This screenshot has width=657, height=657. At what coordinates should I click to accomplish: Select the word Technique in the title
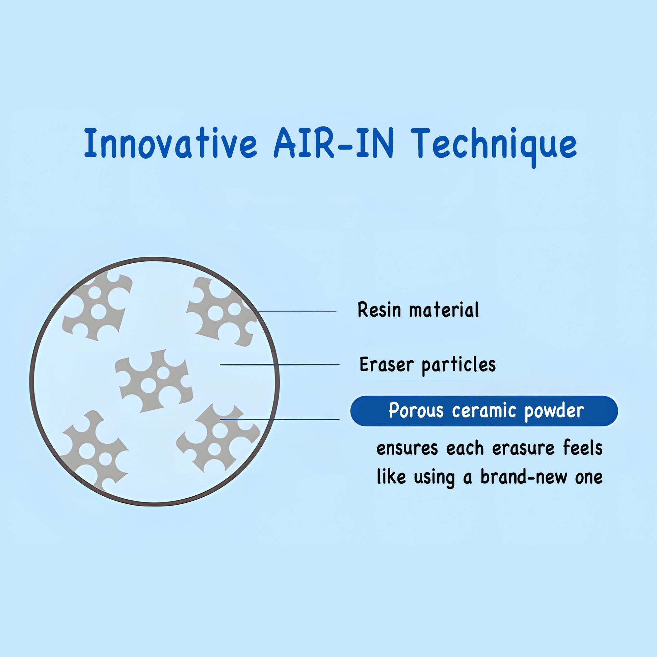coord(495,143)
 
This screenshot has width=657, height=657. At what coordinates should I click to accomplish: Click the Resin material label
coord(418,310)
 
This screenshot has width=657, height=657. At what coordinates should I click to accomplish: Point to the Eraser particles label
coord(427,365)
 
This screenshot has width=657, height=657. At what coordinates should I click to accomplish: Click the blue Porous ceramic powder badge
coord(484,411)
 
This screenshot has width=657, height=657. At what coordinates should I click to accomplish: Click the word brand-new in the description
coord(524,477)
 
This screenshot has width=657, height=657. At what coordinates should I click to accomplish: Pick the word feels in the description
coord(582,448)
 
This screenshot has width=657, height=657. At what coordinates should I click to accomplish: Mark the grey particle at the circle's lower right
coord(218,439)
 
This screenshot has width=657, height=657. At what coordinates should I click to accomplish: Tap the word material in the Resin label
coord(444,310)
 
